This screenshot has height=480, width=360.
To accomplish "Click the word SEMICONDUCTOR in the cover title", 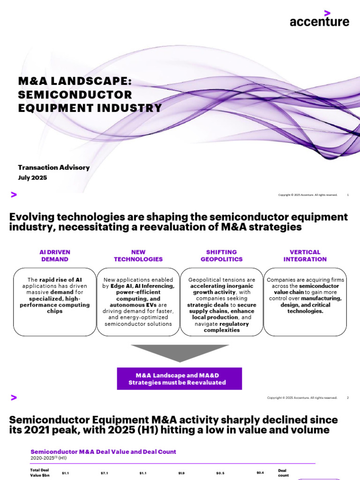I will coord(75,95).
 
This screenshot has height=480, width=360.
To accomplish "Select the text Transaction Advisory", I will coord(53,167).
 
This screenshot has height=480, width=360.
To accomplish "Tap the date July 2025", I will coord(32,178).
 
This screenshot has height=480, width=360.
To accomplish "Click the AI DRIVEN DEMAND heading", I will coord(55,255).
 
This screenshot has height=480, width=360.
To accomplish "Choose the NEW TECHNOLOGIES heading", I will coord(138,255).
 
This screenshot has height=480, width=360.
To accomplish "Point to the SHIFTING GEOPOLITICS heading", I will coord(222,255).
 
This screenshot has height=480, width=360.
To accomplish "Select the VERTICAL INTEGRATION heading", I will coord(305,255).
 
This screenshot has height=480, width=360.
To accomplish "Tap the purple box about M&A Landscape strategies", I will coord(180,379).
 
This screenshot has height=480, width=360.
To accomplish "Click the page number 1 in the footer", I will coord(348,195).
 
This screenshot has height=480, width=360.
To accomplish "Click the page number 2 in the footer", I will coord(348,397).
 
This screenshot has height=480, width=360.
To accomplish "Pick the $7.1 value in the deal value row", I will coord(104,473).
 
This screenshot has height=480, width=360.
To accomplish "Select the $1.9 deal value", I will coord(181,473).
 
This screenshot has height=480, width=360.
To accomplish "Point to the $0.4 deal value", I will coord(260,472).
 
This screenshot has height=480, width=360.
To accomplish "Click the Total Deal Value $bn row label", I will coord(40,472).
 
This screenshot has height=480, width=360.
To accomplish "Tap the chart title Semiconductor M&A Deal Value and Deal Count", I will coord(103,451).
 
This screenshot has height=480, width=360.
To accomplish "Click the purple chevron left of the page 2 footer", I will coord(14,397).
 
